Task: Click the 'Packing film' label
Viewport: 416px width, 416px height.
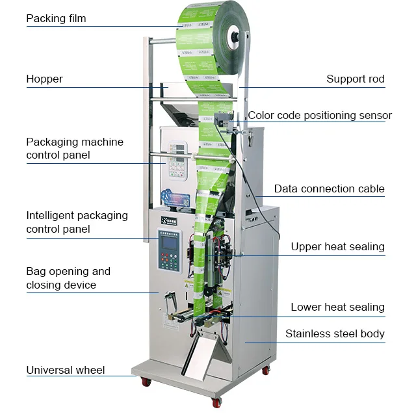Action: coord(56,19)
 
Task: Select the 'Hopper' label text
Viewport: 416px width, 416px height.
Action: coord(44,79)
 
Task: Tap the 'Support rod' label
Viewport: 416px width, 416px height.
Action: coord(355,79)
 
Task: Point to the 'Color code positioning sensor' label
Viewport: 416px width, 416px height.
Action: coord(320,116)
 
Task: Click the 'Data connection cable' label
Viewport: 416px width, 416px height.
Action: coord(329,189)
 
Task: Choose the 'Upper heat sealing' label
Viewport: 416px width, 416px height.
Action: coord(337,246)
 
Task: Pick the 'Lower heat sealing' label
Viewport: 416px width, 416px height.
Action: coord(337,307)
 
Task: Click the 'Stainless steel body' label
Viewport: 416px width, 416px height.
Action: coord(335,334)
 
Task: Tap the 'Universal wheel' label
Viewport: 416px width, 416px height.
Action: coord(65,370)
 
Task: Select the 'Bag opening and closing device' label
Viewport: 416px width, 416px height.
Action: coord(68,278)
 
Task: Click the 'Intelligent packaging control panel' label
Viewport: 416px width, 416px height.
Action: coord(77,222)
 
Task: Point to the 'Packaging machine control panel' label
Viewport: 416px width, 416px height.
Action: coord(74,148)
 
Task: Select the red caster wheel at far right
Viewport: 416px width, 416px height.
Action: coord(266,370)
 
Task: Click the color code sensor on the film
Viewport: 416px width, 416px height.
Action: coord(221,121)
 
